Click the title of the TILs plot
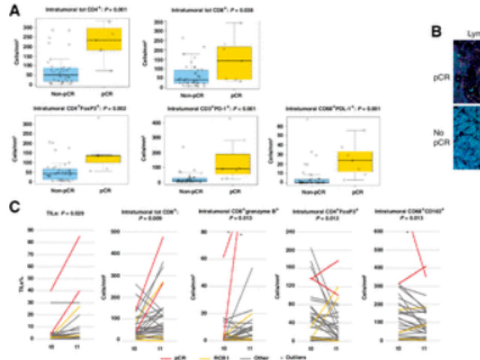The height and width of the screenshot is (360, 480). [50, 215]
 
